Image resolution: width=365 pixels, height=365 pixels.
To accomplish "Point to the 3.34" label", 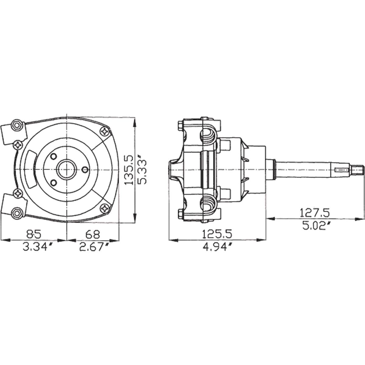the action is (x=37, y=247).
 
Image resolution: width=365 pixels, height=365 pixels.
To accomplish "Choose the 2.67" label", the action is (x=94, y=247).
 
